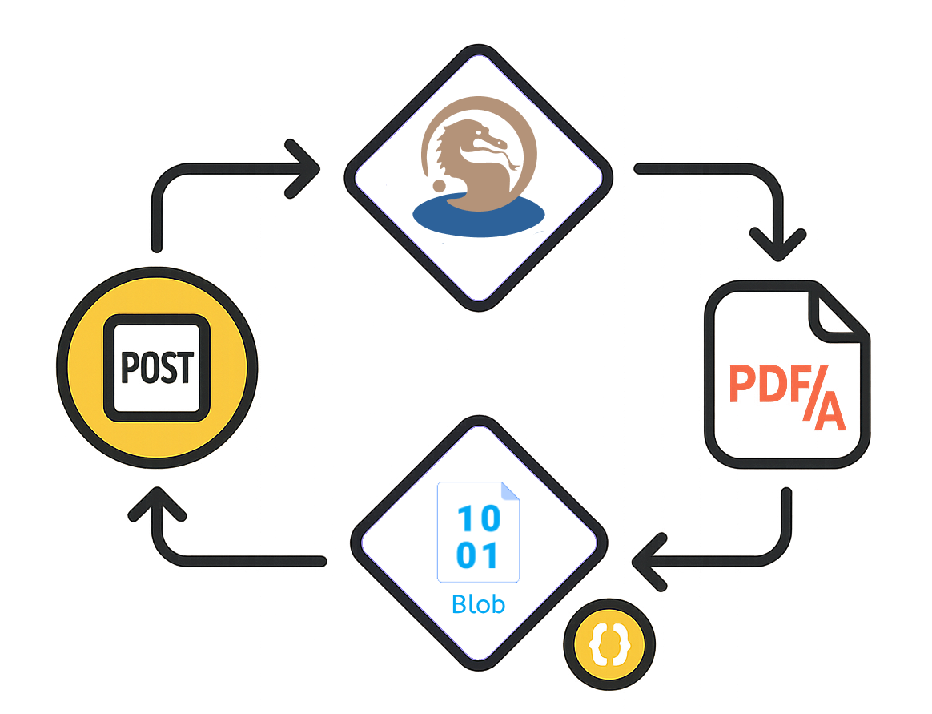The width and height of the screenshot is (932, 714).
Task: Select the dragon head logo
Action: click(x=472, y=156)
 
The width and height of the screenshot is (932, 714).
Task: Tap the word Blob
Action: click(x=478, y=603)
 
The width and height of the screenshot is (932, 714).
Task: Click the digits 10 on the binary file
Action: click(x=478, y=517)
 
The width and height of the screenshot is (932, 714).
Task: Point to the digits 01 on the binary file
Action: click(x=478, y=555)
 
